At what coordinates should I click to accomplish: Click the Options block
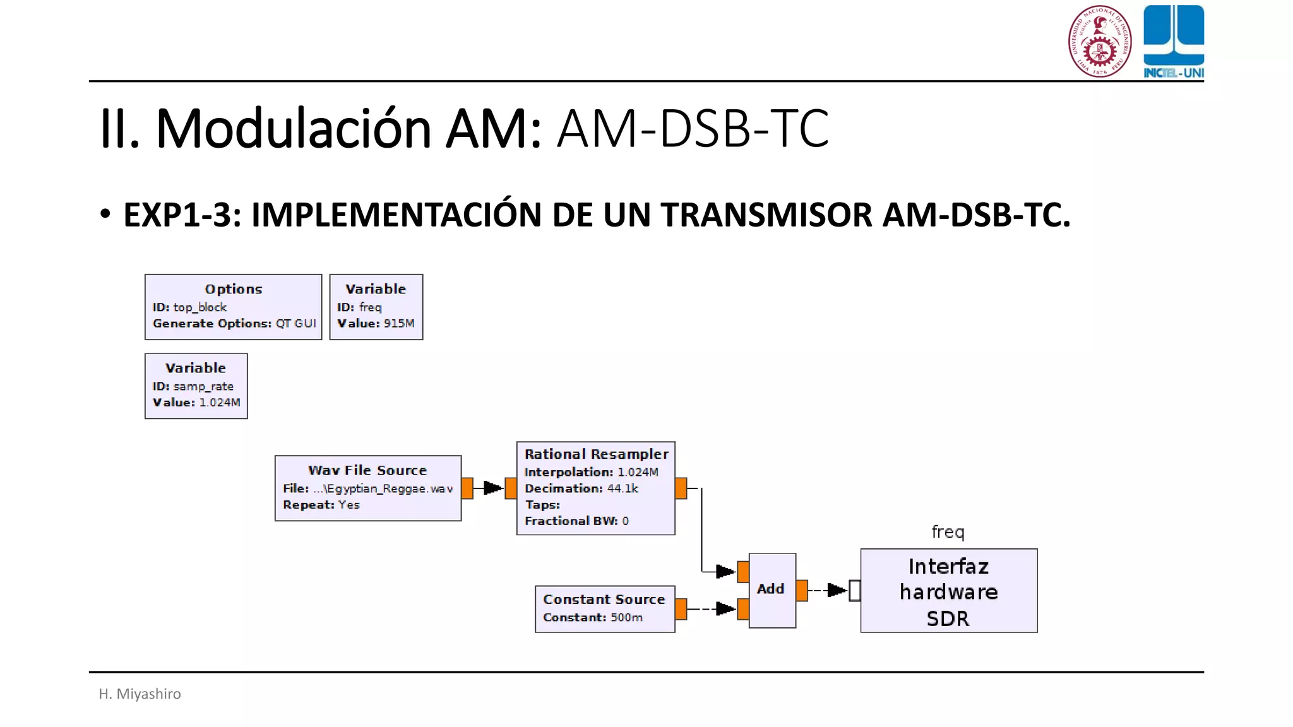tap(233, 307)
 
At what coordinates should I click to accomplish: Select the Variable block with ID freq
tap(376, 307)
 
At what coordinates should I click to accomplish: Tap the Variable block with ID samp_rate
tap(196, 386)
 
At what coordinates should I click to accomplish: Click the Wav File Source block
tap(367, 488)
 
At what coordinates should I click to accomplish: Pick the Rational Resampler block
tap(595, 488)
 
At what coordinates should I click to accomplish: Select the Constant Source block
tap(604, 608)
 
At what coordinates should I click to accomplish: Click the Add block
tap(772, 590)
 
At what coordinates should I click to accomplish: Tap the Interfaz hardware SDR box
tap(948, 591)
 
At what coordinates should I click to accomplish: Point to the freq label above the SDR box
tap(948, 531)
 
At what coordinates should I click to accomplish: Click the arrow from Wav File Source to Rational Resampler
tap(492, 488)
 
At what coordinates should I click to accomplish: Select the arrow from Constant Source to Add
tap(724, 609)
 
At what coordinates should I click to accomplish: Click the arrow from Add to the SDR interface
tap(835, 590)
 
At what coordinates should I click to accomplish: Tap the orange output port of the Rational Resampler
tap(681, 488)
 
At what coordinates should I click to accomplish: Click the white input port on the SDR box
tap(854, 591)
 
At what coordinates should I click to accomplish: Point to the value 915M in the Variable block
tap(399, 323)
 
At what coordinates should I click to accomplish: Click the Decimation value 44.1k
tap(623, 488)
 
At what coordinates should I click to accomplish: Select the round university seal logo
tap(1099, 41)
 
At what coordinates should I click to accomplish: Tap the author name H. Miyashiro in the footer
tap(140, 694)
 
